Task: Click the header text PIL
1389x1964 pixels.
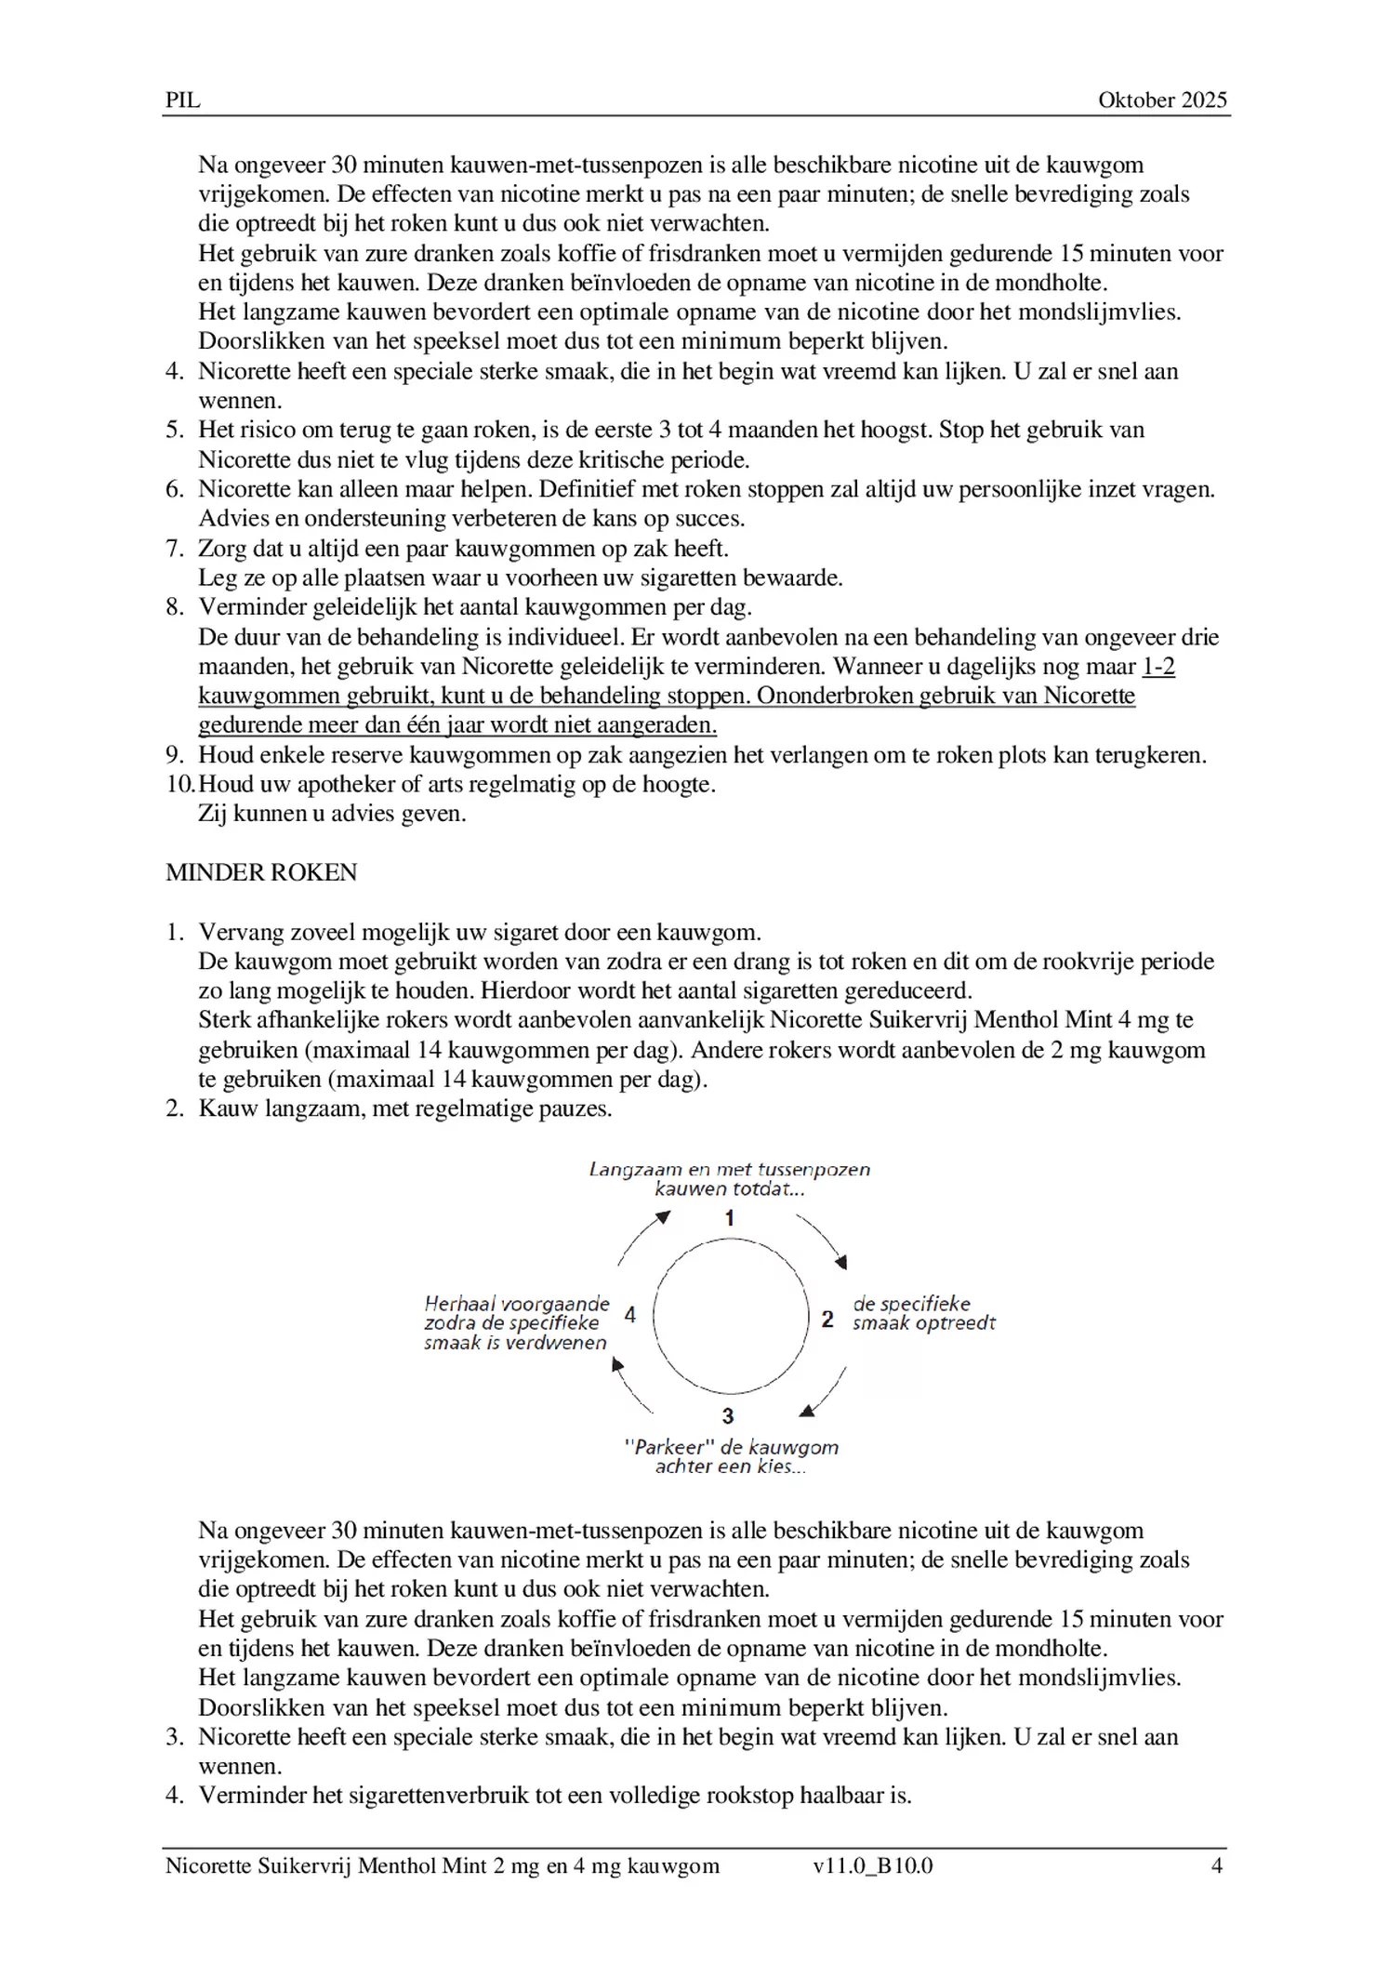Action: coord(182,100)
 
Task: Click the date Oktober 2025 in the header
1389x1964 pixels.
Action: coord(1162,100)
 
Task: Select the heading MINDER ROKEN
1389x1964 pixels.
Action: coord(261,872)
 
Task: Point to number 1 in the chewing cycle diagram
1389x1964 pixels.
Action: coord(730,1218)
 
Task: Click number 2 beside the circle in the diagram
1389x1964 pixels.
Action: coord(827,1319)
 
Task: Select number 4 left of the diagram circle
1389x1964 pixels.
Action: coord(630,1315)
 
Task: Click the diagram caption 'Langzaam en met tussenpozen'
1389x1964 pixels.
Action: coord(730,1170)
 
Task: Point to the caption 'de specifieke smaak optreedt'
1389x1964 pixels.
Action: coord(923,1313)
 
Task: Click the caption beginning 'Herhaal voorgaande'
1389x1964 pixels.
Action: coord(516,1304)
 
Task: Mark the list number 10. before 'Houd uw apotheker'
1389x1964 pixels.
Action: coord(180,784)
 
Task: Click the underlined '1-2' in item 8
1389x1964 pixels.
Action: coord(1157,667)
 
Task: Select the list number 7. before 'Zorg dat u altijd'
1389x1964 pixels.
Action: coord(175,549)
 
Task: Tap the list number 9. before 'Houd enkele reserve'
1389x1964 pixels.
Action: coord(175,755)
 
